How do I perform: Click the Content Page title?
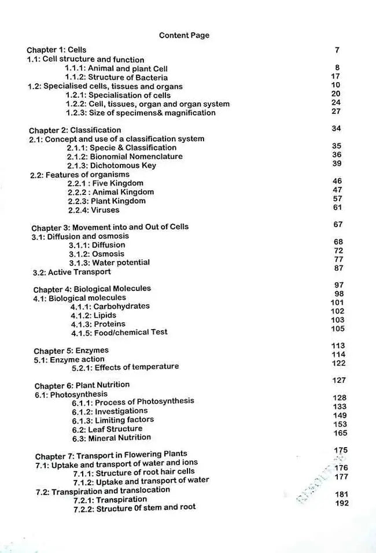(x=184, y=35)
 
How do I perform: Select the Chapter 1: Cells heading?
(x=57, y=50)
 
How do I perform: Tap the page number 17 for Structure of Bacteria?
(x=336, y=76)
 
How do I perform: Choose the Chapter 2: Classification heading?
(x=75, y=130)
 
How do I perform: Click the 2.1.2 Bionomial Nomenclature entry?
(x=124, y=156)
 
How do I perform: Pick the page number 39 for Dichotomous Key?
(x=337, y=164)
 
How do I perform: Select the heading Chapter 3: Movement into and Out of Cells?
(x=110, y=227)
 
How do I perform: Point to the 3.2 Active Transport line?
(x=72, y=272)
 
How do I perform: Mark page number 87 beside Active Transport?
(x=339, y=268)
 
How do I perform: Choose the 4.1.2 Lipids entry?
(x=93, y=315)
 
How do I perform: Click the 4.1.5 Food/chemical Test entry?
(x=119, y=333)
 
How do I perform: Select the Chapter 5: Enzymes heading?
(x=71, y=351)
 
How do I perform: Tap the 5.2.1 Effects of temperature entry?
(x=125, y=367)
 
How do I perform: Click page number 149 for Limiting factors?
(x=340, y=415)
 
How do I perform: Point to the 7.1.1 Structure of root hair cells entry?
(x=134, y=472)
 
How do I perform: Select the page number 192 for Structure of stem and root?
(x=342, y=503)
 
